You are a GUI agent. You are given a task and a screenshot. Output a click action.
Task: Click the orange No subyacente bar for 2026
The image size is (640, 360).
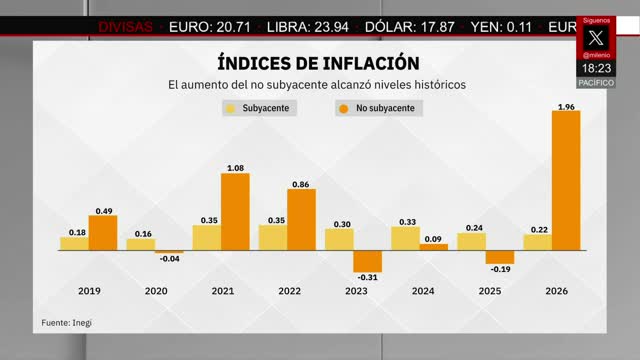click(x=566, y=180)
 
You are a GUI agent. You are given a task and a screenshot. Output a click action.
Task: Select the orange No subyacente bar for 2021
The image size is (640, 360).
click(x=235, y=211)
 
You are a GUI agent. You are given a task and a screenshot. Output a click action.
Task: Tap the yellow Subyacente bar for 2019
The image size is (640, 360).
click(x=73, y=243)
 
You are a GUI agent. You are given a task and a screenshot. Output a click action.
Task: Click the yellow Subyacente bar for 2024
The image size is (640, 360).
click(x=405, y=238)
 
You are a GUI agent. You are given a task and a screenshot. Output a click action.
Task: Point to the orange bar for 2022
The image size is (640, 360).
click(x=301, y=219)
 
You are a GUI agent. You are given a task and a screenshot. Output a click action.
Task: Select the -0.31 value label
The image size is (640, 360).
click(x=367, y=277)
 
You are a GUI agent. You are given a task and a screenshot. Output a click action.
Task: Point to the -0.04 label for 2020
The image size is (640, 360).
click(x=169, y=259)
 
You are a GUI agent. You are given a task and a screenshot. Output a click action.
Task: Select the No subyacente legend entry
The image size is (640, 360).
click(x=378, y=108)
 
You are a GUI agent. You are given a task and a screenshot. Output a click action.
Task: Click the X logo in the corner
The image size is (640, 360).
click(x=597, y=38)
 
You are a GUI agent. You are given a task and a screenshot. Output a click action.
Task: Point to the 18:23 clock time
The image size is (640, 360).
click(x=597, y=68)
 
